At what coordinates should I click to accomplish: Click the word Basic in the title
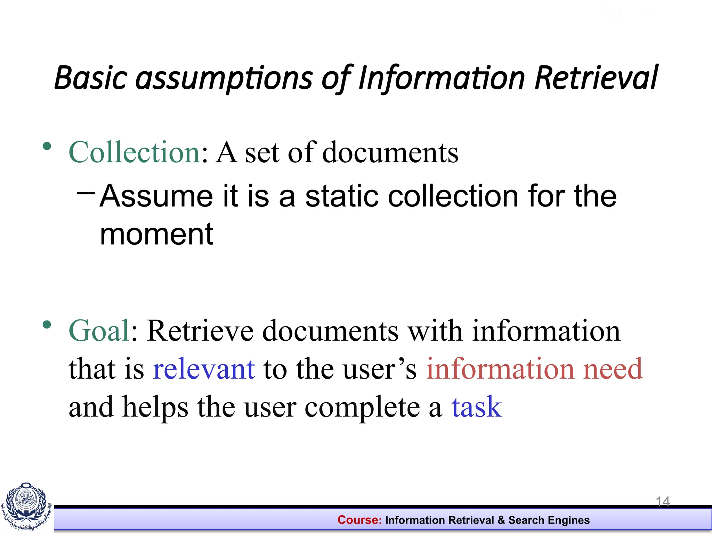point(90,78)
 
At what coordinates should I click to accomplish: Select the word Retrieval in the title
point(596,78)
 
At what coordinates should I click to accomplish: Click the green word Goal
point(99,331)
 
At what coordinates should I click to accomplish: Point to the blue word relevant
point(204,369)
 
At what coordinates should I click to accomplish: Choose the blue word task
point(477,407)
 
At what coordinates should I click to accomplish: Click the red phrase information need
point(534,369)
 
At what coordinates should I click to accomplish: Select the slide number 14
point(663,501)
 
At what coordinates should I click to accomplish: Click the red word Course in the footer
point(359,520)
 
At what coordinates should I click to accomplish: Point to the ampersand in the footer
point(501,520)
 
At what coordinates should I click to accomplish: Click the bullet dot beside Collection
point(47,146)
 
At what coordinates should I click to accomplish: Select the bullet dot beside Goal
point(47,325)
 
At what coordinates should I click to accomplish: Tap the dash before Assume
point(86,192)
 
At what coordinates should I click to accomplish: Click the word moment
point(156,234)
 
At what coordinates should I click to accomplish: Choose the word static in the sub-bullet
point(341,196)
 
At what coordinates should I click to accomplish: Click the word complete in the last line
point(362,407)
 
